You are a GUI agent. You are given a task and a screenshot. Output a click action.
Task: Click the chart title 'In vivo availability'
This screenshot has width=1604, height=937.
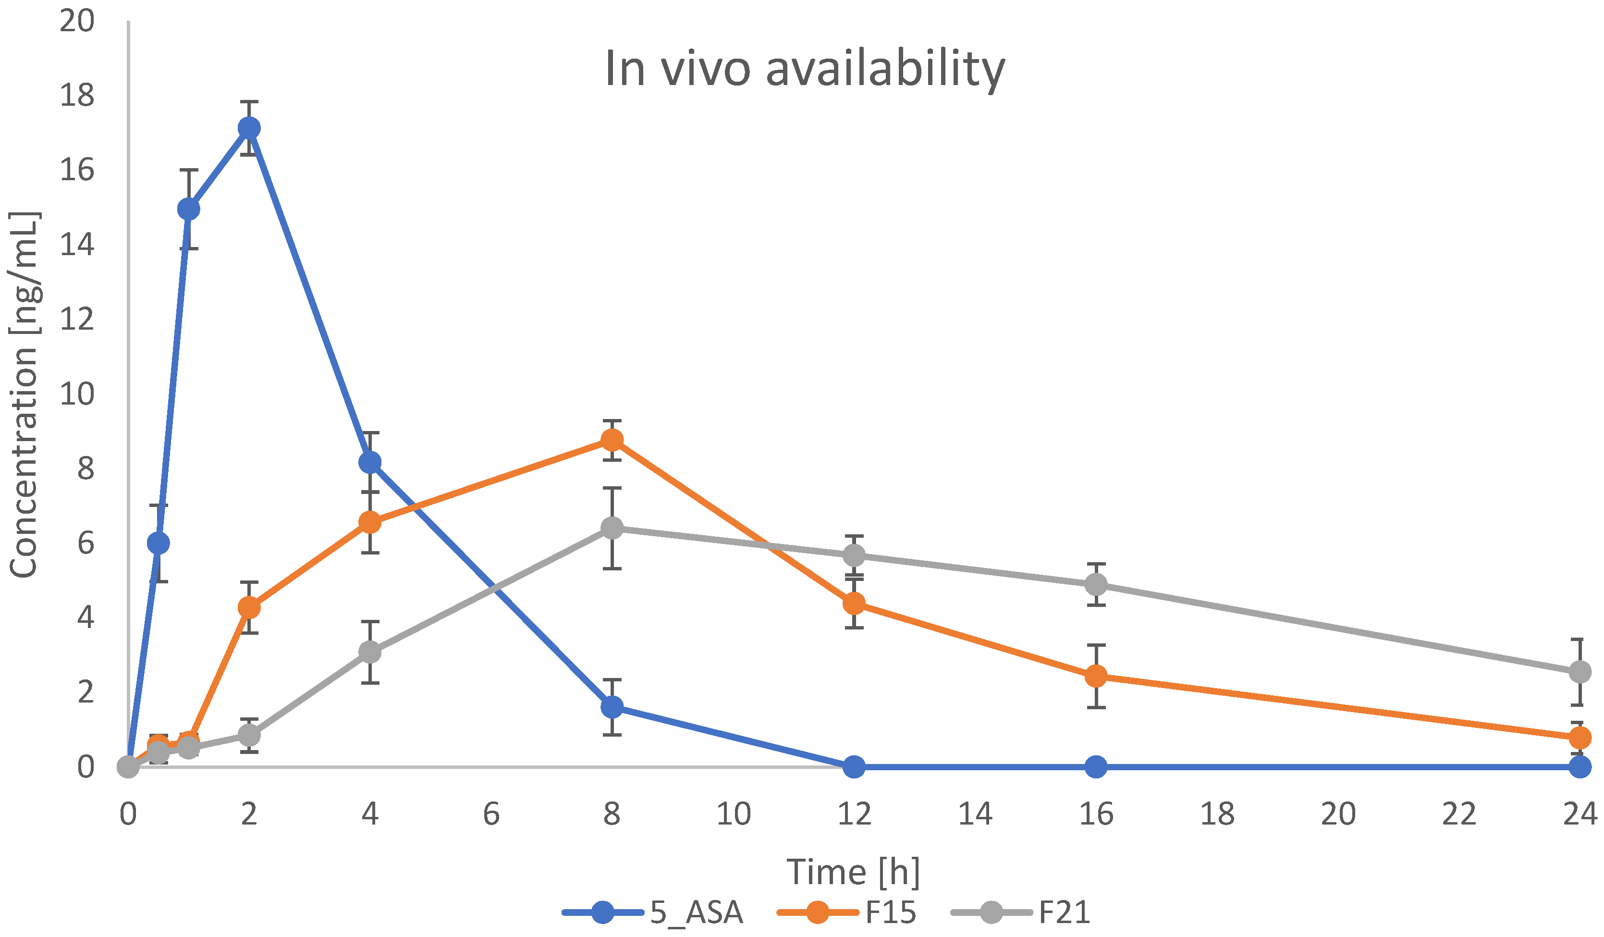coord(804,69)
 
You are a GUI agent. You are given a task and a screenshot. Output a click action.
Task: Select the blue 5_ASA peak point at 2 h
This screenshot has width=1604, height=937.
coord(249,128)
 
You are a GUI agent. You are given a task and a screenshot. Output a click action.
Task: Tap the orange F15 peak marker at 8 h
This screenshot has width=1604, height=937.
coord(612,440)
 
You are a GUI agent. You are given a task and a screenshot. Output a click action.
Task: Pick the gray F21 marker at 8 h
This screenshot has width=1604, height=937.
coord(612,527)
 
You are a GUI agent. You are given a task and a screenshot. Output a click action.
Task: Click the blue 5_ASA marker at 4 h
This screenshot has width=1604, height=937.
coord(370,462)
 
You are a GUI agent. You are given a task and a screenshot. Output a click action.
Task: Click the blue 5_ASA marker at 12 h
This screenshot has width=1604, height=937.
coord(854,766)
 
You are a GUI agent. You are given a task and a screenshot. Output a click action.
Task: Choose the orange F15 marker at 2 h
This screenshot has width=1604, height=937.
coord(249,607)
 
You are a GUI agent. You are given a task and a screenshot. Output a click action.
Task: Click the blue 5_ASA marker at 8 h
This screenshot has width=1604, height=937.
coord(612,706)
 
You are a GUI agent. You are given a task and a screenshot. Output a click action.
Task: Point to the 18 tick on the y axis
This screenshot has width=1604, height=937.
coord(76,96)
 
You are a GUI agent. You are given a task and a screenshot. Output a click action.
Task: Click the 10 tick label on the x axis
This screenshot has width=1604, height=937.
coord(733,814)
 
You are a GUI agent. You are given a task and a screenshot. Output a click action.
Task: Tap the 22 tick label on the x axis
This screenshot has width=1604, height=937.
coord(1459,814)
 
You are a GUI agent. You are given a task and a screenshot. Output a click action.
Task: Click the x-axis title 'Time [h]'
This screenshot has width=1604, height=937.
coord(853,872)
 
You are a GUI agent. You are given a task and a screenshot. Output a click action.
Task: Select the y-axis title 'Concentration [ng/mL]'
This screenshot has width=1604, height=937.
coord(24,395)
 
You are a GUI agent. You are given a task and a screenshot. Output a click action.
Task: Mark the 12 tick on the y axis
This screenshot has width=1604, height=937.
coord(76,319)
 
